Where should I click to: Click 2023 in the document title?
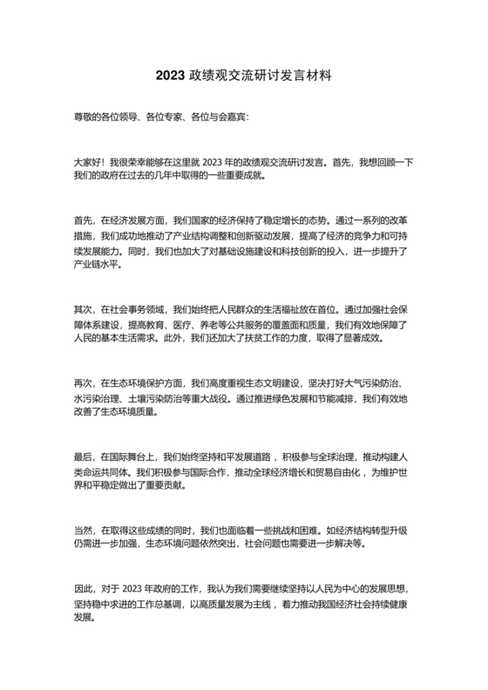pos(172,76)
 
